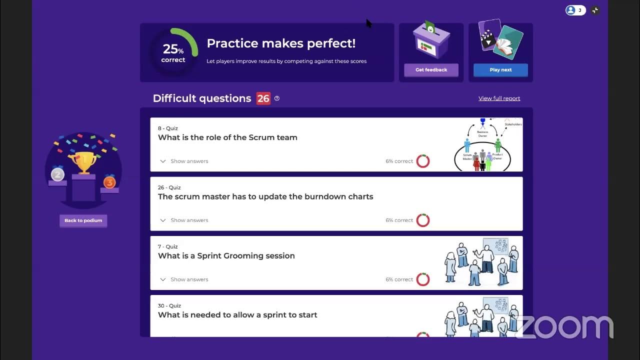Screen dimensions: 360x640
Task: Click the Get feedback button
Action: [431, 70]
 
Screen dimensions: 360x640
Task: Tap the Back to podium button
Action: [83, 220]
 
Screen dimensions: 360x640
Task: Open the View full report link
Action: [499, 98]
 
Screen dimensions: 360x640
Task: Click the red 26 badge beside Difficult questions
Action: [263, 98]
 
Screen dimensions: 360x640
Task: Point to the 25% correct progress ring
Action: [173, 52]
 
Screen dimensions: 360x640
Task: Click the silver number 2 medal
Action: [57, 174]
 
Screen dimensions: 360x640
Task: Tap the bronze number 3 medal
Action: [109, 182]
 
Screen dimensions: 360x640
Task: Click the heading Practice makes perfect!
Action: [281, 43]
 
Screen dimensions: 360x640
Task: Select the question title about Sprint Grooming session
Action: [226, 256]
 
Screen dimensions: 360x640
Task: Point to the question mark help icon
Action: [277, 98]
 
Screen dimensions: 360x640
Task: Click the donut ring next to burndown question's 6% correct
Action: [423, 220]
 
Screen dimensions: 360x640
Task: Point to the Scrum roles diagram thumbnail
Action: [487, 145]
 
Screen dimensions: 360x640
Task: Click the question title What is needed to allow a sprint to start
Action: [237, 315]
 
